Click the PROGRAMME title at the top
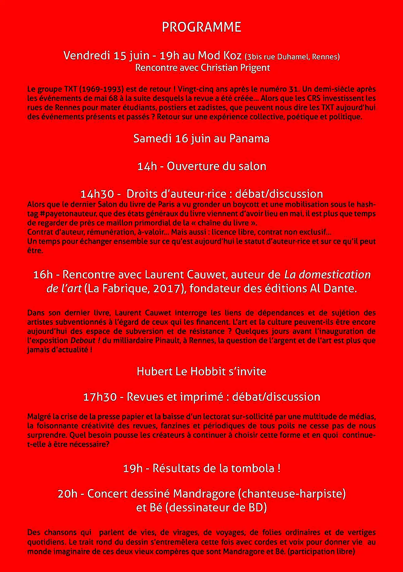pos(201,27)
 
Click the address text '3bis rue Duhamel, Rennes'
pos(292,57)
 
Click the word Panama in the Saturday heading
pos(249,139)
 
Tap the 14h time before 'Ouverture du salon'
pos(147,166)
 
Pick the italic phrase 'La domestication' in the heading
pos(327,274)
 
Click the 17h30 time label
pos(100,397)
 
